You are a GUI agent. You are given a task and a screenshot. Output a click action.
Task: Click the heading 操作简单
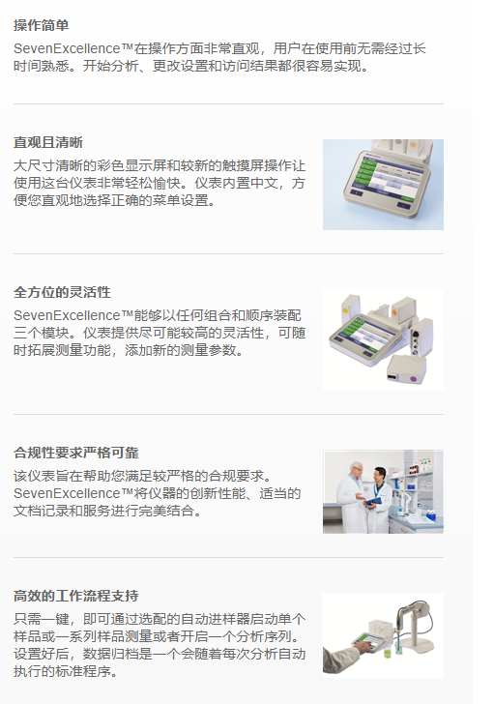42,25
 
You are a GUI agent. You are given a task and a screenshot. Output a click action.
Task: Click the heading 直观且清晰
48,142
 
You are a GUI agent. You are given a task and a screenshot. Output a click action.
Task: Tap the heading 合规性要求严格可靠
75,453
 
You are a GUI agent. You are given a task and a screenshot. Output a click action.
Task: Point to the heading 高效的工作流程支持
75,595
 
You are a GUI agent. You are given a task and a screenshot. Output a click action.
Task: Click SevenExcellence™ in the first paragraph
73,47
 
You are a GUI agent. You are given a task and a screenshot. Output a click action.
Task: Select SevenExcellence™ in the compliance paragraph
73,493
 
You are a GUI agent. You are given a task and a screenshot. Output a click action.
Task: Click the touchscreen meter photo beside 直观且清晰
383,185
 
